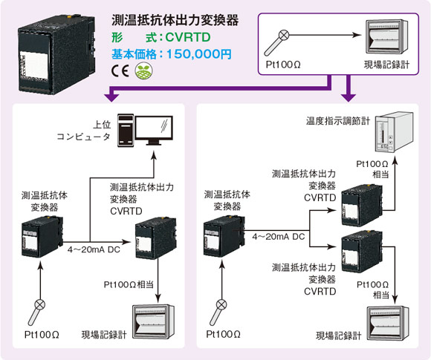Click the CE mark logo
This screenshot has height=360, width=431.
point(120,71)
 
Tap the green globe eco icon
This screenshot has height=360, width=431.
point(143,71)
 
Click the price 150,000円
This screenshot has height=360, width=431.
point(198,54)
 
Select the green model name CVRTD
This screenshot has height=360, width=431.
point(188,37)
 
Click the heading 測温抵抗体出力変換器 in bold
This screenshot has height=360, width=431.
point(175,20)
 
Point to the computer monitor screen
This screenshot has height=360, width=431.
point(154,128)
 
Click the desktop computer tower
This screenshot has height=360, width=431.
point(126,131)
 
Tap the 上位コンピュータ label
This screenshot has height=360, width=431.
point(83,131)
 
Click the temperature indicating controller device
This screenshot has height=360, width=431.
point(394,132)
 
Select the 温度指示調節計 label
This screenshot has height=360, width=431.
point(338,121)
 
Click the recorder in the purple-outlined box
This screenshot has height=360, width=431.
point(387,36)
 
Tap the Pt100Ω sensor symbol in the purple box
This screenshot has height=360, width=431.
point(276,43)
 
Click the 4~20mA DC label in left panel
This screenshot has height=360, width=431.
point(94,249)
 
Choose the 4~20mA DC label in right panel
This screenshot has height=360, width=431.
point(279,237)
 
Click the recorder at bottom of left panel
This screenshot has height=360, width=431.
point(154,322)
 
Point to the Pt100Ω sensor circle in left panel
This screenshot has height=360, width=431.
point(40,304)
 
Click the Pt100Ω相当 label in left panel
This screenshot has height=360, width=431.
point(129,284)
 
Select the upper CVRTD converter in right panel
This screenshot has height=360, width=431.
point(362,206)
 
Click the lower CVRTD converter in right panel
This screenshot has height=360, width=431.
point(362,252)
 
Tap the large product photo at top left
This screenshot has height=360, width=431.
point(57,54)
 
